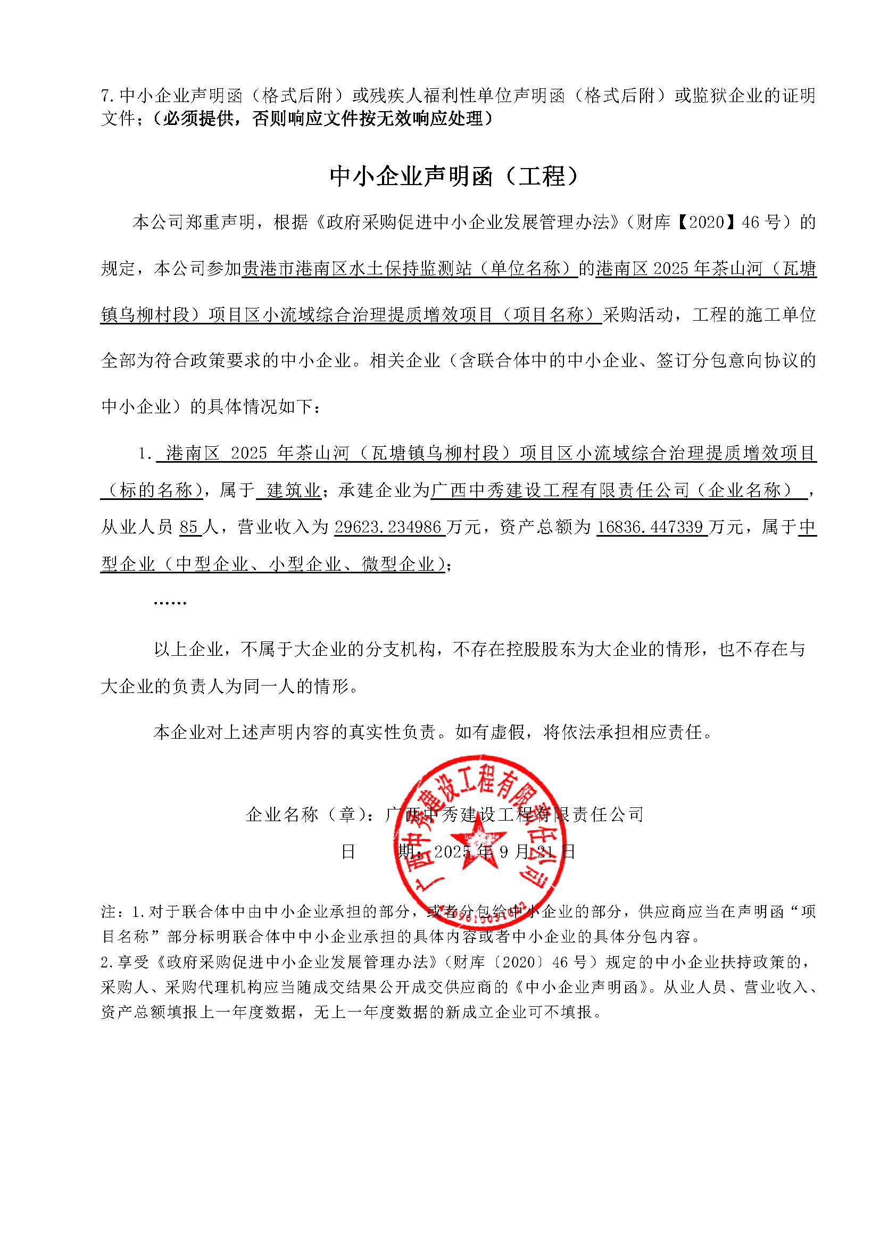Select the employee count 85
(189, 527)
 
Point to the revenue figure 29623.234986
(389, 527)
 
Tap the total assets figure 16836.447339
(651, 527)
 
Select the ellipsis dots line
(170, 602)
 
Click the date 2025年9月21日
(504, 852)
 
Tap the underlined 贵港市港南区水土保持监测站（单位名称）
(409, 269)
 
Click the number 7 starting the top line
(106, 96)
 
